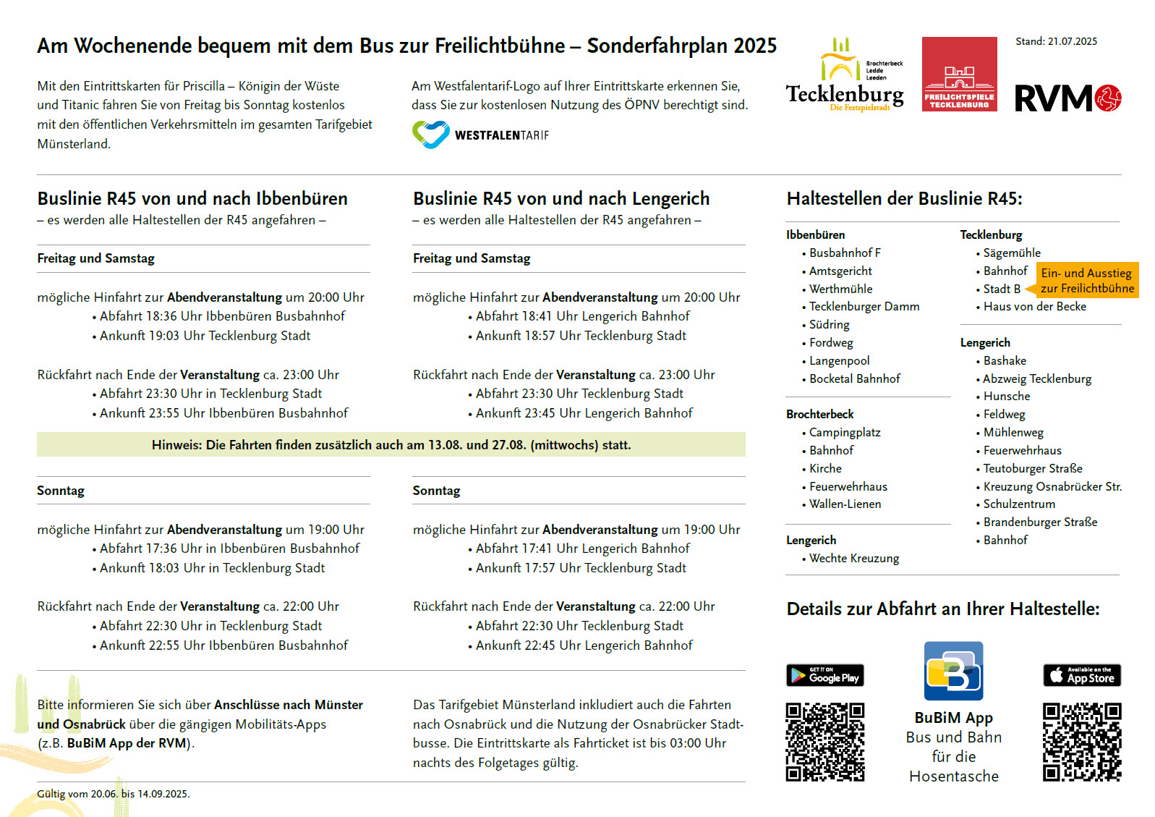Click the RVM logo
[x=1067, y=98]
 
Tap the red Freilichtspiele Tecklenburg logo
[x=959, y=74]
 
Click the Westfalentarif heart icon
[x=430, y=135]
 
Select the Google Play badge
[x=824, y=675]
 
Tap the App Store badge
[x=1081, y=675]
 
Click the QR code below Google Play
[x=824, y=742]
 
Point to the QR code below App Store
[x=1081, y=742]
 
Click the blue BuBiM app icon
[x=953, y=671]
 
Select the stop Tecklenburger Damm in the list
[x=864, y=307]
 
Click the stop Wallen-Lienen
[x=845, y=504]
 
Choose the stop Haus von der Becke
[x=1034, y=307]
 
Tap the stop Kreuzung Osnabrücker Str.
[x=1052, y=487]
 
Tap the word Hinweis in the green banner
[x=176, y=445]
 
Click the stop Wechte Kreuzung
[x=854, y=559]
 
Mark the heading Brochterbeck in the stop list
[x=820, y=415]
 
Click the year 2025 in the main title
[x=755, y=46]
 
